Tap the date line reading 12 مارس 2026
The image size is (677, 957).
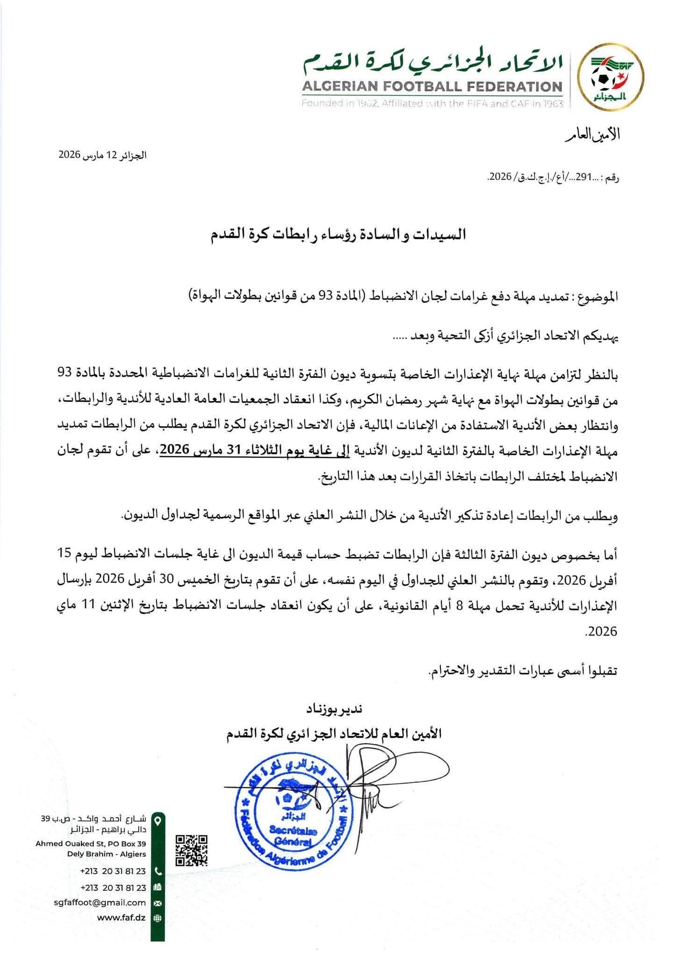point(102,155)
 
